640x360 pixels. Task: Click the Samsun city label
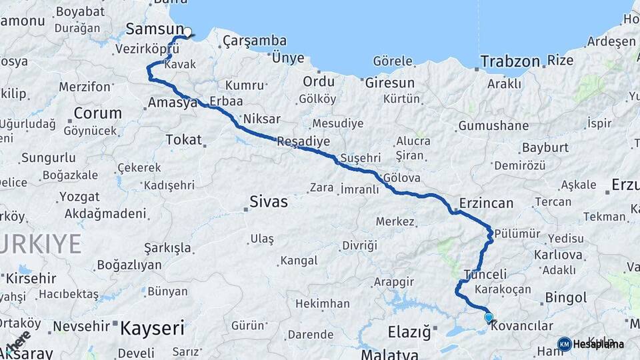pyautogui.click(x=154, y=29)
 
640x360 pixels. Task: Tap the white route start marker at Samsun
pyautogui.click(x=188, y=31)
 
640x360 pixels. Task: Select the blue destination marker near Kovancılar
pyautogui.click(x=489, y=318)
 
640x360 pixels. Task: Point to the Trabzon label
pyautogui.click(x=510, y=62)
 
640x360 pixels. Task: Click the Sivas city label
pyautogui.click(x=269, y=201)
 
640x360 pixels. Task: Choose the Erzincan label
pyautogui.click(x=486, y=203)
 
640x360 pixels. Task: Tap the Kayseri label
pyautogui.click(x=152, y=327)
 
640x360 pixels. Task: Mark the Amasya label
pyautogui.click(x=173, y=103)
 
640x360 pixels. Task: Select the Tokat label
pyautogui.click(x=183, y=141)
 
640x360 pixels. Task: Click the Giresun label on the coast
pyautogui.click(x=390, y=83)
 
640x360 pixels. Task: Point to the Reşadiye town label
pyautogui.click(x=303, y=141)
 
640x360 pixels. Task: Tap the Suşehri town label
pyautogui.click(x=360, y=158)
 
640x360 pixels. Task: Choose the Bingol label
pyautogui.click(x=565, y=297)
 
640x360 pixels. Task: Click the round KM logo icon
pyautogui.click(x=564, y=344)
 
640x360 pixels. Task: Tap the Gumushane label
pyautogui.click(x=493, y=125)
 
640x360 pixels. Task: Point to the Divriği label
pyautogui.click(x=360, y=245)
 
